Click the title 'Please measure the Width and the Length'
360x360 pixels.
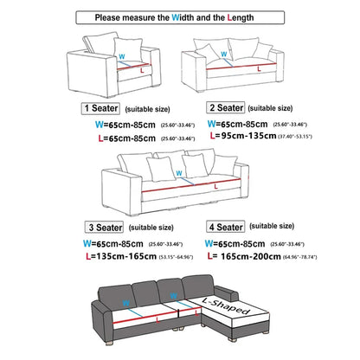point(179,16)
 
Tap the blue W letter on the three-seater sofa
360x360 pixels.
point(179,173)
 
